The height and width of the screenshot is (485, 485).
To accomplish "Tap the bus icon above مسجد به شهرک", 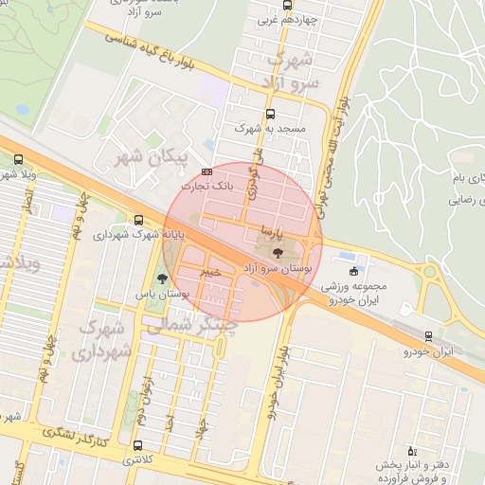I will pos(271,114).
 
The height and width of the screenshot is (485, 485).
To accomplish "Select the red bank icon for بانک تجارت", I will pos(207,171).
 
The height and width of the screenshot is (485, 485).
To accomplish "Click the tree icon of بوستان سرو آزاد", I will pos(278,253).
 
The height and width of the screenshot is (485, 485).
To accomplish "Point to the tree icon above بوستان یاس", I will pos(163,278).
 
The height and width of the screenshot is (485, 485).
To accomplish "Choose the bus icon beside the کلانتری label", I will pos(138,445).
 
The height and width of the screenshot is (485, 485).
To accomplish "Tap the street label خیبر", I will pos(210,272).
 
